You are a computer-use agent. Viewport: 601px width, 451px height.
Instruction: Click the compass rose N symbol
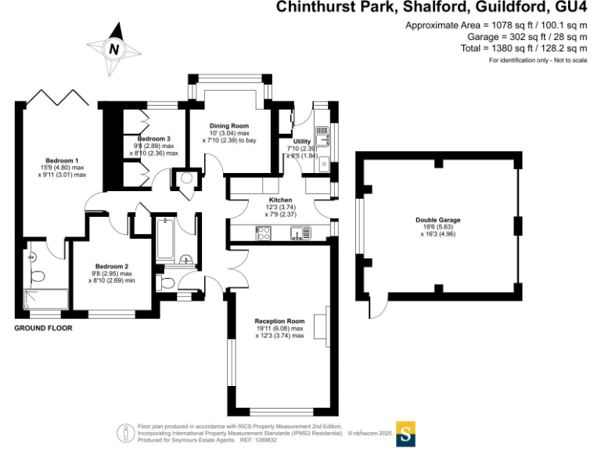pyautogui.click(x=114, y=49)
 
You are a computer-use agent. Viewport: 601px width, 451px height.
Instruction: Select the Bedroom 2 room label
pyautogui.click(x=111, y=266)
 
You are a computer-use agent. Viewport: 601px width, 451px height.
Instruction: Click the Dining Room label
pyautogui.click(x=229, y=126)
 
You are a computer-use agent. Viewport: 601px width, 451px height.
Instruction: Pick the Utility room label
pyautogui.click(x=301, y=142)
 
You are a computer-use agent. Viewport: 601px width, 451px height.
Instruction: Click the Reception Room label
pyautogui.click(x=279, y=321)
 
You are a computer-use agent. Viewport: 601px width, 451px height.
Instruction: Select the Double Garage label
pyautogui.click(x=437, y=220)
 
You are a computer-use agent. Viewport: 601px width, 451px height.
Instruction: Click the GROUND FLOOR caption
pyautogui.click(x=44, y=328)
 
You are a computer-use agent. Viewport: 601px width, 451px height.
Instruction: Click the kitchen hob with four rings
pyautogui.click(x=263, y=233)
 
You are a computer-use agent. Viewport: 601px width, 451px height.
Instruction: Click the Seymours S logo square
pyautogui.click(x=405, y=432)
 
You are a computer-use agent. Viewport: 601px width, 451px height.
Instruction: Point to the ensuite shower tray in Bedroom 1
pyautogui.click(x=45, y=301)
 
